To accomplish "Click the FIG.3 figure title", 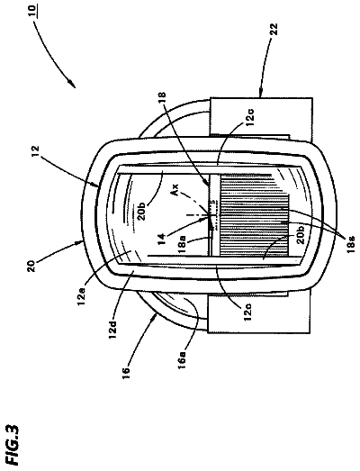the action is coord(13,445).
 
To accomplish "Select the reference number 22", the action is coord(274,30).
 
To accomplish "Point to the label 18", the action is coord(163,99).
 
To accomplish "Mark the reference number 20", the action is coord(32,266).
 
